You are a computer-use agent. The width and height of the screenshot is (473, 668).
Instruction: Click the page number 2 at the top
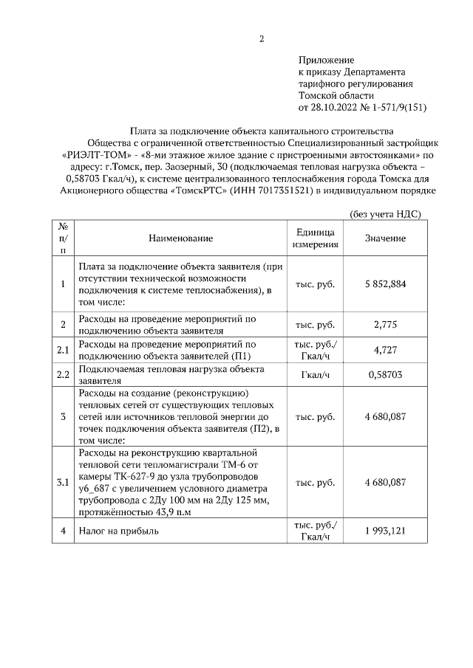[x=261, y=39]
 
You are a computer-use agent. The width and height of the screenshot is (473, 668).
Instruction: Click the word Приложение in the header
[x=327, y=60]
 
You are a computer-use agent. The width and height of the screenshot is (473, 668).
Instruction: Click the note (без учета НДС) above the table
[x=384, y=214]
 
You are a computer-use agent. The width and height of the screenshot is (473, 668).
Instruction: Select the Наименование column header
[x=180, y=238]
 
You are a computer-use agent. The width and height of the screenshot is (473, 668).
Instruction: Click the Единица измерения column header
[x=316, y=238]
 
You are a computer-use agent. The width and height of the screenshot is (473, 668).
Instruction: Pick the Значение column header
[x=385, y=238]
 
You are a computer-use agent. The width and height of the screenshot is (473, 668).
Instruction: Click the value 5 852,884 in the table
[x=385, y=284]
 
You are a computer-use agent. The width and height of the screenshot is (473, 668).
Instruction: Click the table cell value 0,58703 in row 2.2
[x=385, y=375]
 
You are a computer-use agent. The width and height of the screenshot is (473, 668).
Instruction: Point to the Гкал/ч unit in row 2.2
[x=316, y=375]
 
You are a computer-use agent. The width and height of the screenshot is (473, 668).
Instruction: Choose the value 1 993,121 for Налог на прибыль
[x=385, y=531]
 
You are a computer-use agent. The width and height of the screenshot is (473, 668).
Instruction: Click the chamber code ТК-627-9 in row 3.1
[x=135, y=475]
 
